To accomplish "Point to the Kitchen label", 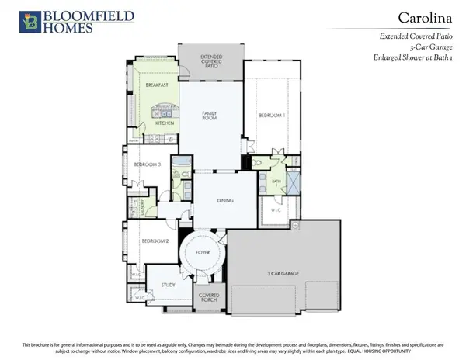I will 165,123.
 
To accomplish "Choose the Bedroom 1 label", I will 272,116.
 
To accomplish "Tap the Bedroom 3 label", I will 148,164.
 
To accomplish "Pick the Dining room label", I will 224,199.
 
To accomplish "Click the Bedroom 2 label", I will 155,241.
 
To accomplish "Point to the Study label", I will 168,285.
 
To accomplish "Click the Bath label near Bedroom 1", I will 276,182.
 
